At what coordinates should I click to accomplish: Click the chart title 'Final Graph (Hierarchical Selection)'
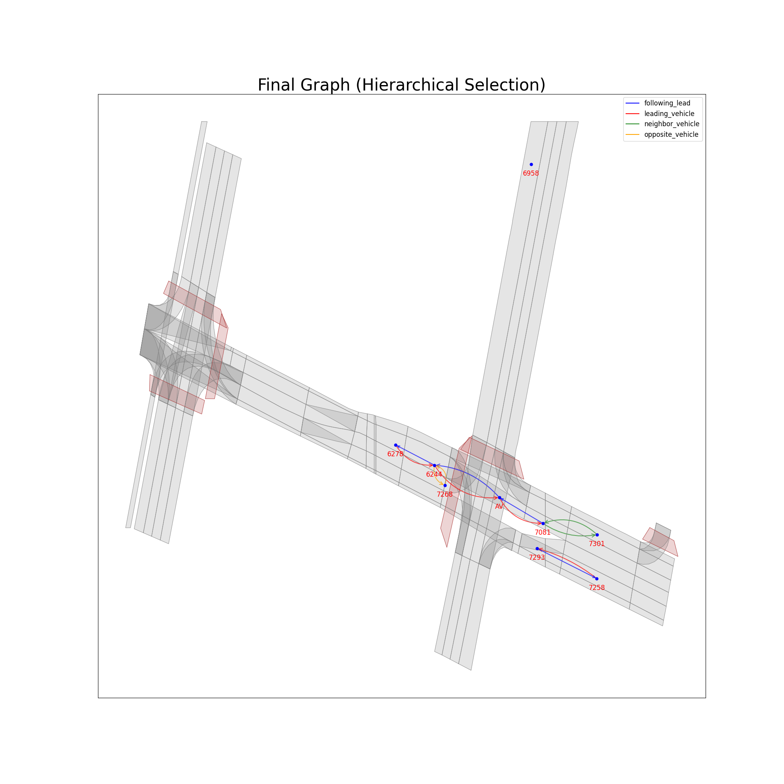pyautogui.click(x=401, y=85)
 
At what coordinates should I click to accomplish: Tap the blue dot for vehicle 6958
pyautogui.click(x=531, y=164)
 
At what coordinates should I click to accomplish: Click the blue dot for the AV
pyautogui.click(x=499, y=497)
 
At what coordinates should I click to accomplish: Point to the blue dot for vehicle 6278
pyautogui.click(x=396, y=445)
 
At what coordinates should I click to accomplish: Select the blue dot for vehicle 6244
pyautogui.click(x=434, y=465)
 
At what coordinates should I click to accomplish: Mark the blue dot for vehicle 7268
pyautogui.click(x=445, y=485)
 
